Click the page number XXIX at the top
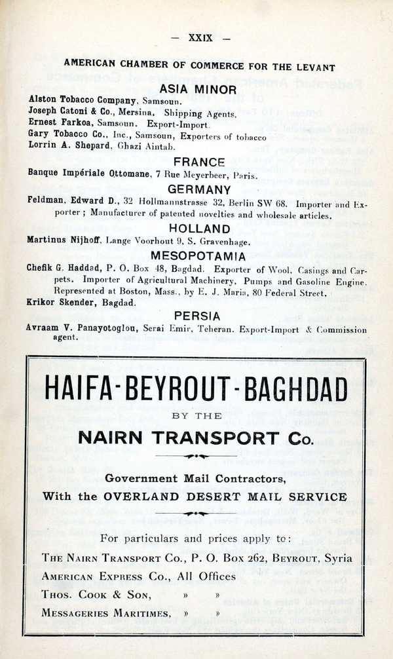pyautogui.click(x=200, y=38)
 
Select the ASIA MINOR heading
pyautogui.click(x=199, y=89)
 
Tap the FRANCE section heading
pyautogui.click(x=199, y=162)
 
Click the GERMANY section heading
pyautogui.click(x=199, y=190)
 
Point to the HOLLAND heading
pyautogui.click(x=199, y=229)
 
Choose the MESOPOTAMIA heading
pyautogui.click(x=199, y=255)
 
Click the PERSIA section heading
pyautogui.click(x=199, y=316)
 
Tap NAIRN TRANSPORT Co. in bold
pyautogui.click(x=195, y=437)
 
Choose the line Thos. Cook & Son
pyautogui.click(x=96, y=595)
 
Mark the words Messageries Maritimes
pyautogui.click(x=107, y=613)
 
